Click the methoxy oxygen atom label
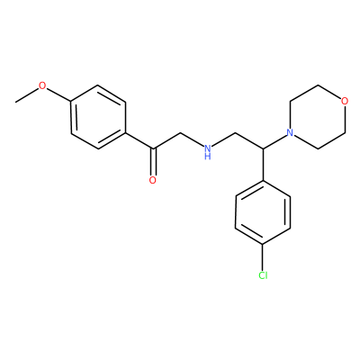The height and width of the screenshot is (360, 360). (x=43, y=86)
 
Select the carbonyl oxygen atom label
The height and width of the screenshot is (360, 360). (x=153, y=180)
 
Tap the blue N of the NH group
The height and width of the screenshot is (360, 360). (x=207, y=148)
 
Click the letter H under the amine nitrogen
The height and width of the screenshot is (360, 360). (x=207, y=157)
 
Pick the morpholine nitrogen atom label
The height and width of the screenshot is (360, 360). (x=290, y=132)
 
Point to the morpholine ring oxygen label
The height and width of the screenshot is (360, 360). (x=345, y=101)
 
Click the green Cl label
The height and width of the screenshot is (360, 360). (x=263, y=275)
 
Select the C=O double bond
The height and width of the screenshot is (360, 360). (x=154, y=161)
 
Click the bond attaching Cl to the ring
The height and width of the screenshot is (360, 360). (x=263, y=257)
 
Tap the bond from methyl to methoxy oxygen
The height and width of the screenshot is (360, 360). (x=27, y=95)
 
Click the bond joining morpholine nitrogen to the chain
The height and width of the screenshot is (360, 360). (x=274, y=141)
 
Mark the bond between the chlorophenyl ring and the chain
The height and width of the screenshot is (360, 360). (x=263, y=165)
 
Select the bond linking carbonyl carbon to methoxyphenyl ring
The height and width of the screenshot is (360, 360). (x=139, y=140)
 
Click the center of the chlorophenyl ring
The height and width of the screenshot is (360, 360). (x=263, y=212)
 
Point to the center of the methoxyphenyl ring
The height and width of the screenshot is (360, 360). (x=98, y=117)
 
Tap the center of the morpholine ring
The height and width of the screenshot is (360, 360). (x=318, y=117)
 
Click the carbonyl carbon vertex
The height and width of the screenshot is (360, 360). (x=154, y=148)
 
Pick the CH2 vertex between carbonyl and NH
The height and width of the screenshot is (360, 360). (x=181, y=132)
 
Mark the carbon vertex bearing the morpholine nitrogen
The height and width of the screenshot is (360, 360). (x=263, y=148)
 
